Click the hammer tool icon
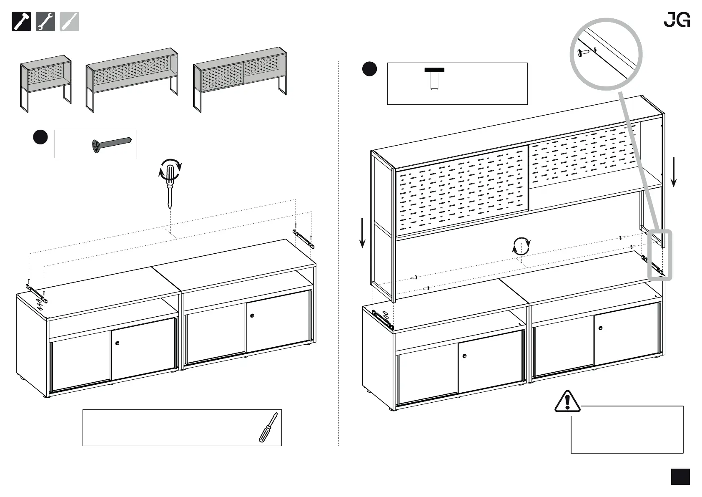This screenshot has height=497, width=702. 21,22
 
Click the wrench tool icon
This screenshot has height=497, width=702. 45,22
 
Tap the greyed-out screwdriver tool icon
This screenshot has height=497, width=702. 70,22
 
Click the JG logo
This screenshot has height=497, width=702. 677,20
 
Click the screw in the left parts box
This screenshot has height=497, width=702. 112,144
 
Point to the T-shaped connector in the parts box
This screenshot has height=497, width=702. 434,79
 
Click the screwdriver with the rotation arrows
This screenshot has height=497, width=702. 170,184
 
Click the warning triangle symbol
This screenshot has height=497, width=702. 567,401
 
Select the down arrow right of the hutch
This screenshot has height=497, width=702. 673,172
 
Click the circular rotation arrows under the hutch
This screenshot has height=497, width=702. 521,246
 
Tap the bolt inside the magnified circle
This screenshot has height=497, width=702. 583,53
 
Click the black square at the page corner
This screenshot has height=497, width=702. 680,477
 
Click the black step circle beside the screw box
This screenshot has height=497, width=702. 40,137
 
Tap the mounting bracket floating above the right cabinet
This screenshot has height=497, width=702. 303,238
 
